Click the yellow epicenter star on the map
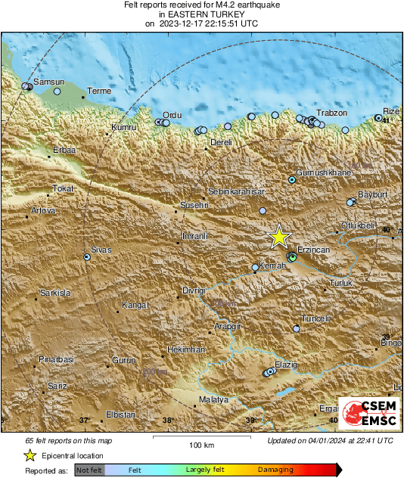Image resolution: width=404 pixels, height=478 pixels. pos(279,237)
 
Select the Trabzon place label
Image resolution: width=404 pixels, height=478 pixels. pos(331,113)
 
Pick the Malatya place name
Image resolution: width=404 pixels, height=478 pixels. pos(213,399)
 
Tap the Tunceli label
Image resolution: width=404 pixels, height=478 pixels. pos(315,318)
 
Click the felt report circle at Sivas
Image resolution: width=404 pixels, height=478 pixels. pos(87,258)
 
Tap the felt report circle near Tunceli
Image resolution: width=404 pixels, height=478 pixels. pos(297,329)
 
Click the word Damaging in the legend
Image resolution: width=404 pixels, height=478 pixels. pos(275,470)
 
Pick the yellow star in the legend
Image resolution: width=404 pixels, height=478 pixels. pos(30,455)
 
